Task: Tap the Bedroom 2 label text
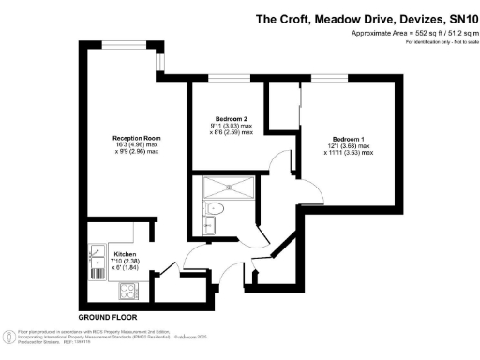tap(230, 119)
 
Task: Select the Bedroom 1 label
tap(349, 139)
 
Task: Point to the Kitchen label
tap(127, 254)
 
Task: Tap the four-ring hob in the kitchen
tap(127, 291)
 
